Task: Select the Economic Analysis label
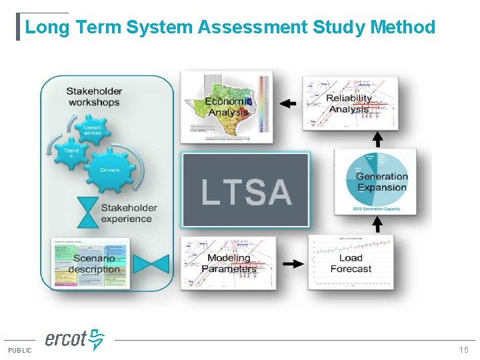point(227,107)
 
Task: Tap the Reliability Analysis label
point(349,103)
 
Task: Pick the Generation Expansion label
point(381,182)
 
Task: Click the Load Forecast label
point(351,263)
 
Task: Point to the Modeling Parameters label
point(229,263)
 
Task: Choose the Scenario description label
point(94,264)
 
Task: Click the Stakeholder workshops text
point(94,97)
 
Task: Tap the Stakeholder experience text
point(129,213)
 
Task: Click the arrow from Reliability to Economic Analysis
point(288,103)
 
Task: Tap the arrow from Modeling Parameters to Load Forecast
point(293,263)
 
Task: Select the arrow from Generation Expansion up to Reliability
point(377,139)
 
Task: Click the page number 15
point(464,350)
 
